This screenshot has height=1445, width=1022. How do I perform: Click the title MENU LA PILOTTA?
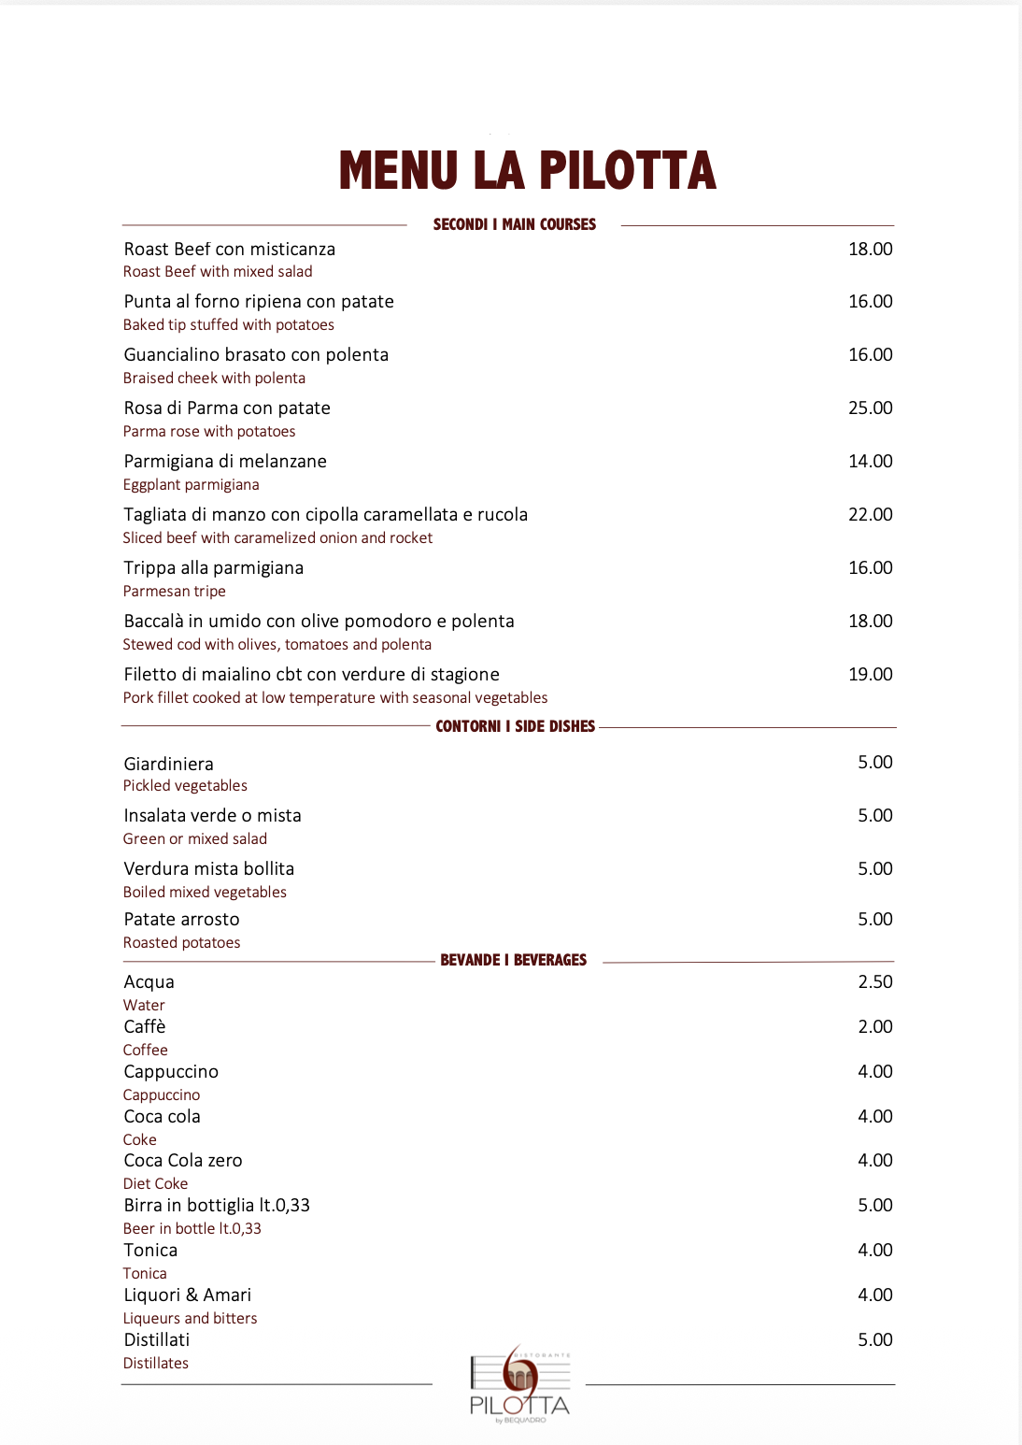click(x=527, y=170)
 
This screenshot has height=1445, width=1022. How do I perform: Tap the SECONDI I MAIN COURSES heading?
click(x=514, y=224)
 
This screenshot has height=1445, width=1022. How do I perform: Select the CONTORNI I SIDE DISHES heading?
click(x=515, y=726)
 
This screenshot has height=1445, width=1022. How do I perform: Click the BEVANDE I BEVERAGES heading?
click(x=513, y=960)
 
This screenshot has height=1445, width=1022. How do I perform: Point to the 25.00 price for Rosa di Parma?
click(x=870, y=408)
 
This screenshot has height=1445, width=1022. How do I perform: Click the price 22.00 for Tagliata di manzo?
click(x=870, y=514)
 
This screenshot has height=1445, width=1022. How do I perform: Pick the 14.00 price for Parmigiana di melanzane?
click(x=870, y=461)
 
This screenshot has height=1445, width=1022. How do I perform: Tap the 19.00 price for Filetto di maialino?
click(x=870, y=674)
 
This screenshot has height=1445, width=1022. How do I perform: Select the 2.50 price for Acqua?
click(x=874, y=981)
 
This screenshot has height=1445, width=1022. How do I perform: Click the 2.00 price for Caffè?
click(x=874, y=1026)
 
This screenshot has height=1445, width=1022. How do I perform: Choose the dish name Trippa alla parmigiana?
click(x=213, y=567)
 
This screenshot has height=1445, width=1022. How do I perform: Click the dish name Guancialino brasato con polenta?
click(x=256, y=354)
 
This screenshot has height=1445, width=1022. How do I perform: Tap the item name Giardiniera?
click(x=168, y=764)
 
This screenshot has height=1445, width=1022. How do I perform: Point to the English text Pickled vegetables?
click(x=185, y=786)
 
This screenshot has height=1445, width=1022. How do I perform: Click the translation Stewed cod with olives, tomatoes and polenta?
click(x=277, y=644)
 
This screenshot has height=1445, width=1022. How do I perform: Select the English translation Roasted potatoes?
click(x=181, y=942)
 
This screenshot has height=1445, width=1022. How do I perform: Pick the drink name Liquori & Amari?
click(x=187, y=1295)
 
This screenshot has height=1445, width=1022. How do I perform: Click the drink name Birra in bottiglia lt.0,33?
click(x=217, y=1205)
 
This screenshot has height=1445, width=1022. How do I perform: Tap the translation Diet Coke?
click(x=155, y=1183)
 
